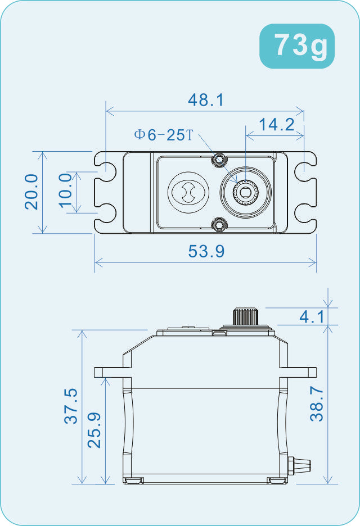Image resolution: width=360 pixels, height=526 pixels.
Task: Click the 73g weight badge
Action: coord(297,46)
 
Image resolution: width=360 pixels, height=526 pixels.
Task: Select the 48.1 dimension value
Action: coord(206,100)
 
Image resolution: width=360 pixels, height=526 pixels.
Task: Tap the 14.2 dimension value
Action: coord(276,125)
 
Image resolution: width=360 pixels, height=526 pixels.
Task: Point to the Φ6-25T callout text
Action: coord(163,135)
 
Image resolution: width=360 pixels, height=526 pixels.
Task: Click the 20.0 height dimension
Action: coord(31,192)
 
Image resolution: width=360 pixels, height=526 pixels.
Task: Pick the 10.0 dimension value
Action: coord(66,192)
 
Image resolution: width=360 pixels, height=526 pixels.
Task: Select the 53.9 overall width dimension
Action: coord(206,251)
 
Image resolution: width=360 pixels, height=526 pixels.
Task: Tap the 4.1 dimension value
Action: coord(311,317)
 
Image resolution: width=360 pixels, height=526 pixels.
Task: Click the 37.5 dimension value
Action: coord(71,406)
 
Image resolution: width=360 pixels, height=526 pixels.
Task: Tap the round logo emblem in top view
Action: coord(189,192)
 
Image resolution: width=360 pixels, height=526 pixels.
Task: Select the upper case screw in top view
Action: coord(219,160)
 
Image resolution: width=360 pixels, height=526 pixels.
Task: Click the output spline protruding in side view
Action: coord(244,316)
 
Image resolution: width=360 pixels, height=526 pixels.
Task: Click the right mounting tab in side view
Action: coord(303,372)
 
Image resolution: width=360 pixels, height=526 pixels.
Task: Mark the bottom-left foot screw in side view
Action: coord(134,480)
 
